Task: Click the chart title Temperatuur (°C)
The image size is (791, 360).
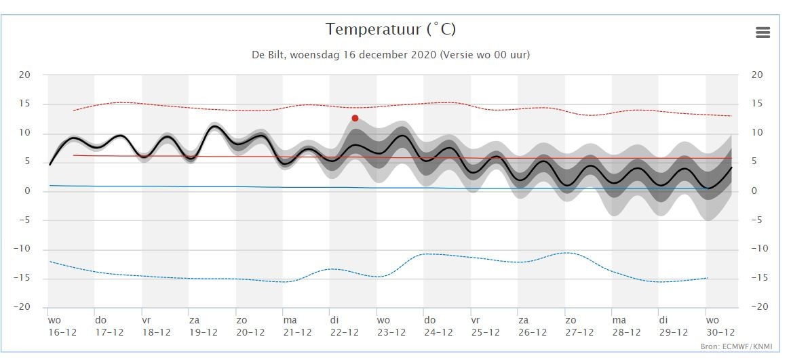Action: click(391, 30)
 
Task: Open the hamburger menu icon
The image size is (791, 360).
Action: click(763, 33)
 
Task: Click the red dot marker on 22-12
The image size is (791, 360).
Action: click(355, 118)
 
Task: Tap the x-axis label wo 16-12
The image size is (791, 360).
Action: click(62, 326)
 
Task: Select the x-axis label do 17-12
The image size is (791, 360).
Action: click(109, 326)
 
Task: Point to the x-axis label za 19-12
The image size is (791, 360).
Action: click(204, 326)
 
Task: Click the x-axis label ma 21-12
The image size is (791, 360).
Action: click(298, 326)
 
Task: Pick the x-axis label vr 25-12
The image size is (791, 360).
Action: click(486, 326)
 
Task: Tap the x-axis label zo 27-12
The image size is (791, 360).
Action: click(579, 326)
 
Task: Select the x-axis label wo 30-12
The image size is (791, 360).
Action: click(720, 326)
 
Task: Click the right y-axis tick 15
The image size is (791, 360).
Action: click(756, 104)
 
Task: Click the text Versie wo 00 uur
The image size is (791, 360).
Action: click(485, 55)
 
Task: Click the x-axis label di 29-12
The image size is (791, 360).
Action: click(673, 326)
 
